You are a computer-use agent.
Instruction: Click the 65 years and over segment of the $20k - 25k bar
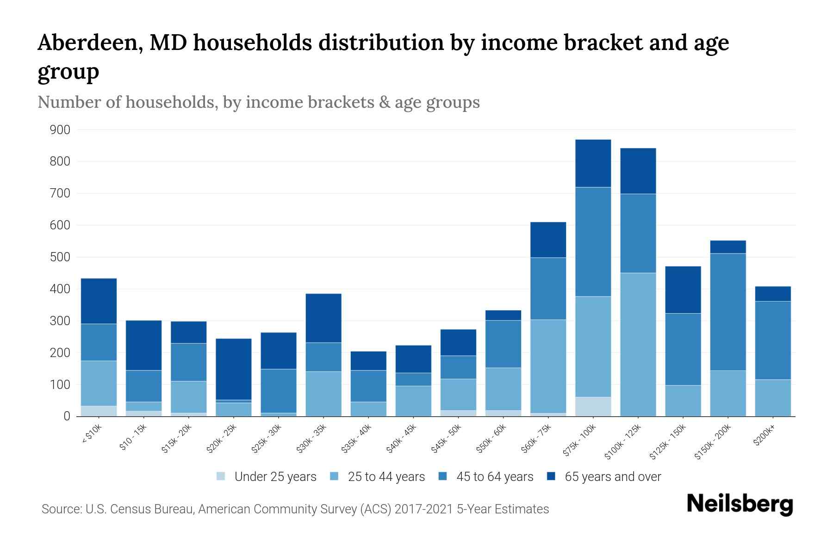pos(234,369)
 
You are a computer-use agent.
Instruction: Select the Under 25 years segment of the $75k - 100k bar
pos(593,407)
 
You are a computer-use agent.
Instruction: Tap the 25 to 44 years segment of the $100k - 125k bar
pos(638,345)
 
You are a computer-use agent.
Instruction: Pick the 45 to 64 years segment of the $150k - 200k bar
pos(727,312)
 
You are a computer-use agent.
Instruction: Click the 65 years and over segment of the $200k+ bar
pos(772,294)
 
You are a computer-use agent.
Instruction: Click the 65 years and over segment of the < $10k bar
pos(99,301)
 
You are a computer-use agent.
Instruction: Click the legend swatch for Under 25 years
pos(221,476)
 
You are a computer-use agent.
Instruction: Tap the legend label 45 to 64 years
pos(494,477)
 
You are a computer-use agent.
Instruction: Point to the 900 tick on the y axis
pos(60,130)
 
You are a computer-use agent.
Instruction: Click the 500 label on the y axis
pos(60,257)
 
